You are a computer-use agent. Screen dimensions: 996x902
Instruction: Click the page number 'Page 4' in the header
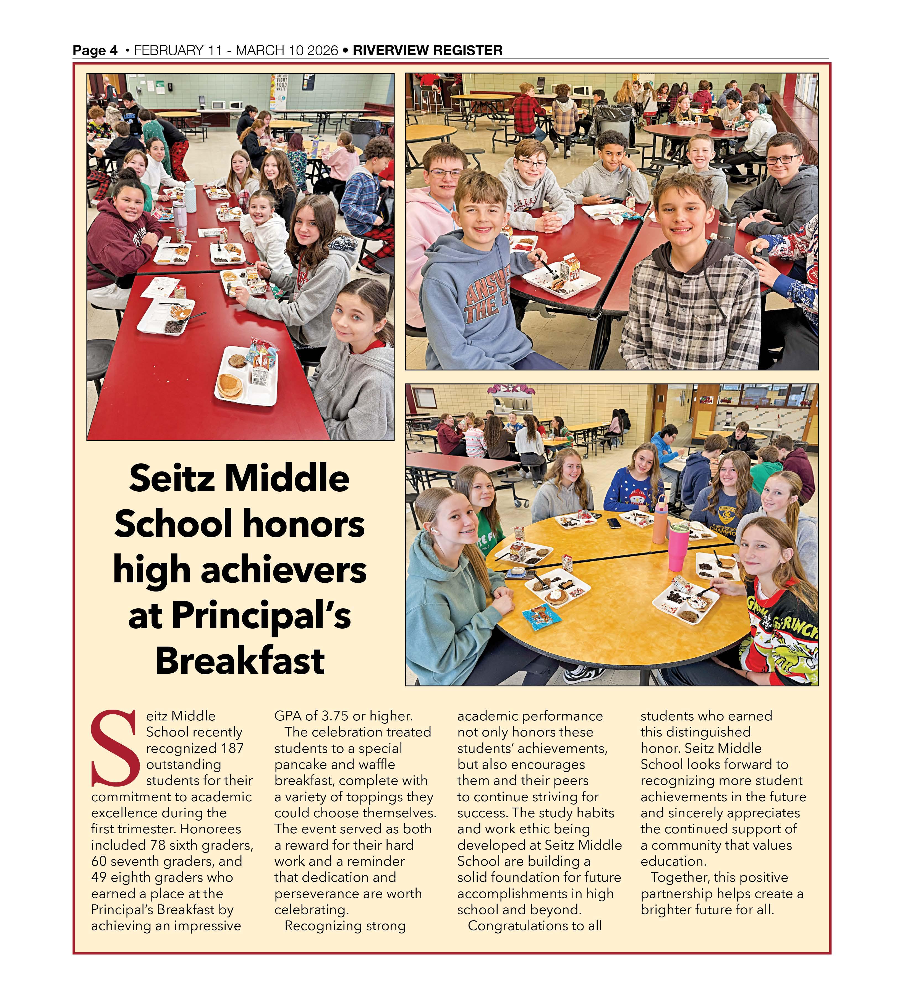coord(95,50)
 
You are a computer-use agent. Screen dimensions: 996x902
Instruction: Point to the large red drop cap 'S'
coord(114,748)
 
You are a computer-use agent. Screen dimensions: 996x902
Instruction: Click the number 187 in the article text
coord(232,748)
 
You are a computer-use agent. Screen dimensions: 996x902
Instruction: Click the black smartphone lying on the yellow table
coord(614,522)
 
